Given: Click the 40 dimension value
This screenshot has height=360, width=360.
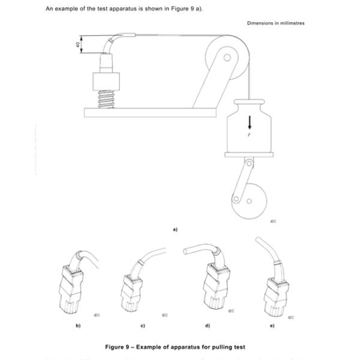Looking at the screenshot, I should click(78, 44).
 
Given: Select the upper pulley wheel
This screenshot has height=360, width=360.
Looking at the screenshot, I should click(227, 57).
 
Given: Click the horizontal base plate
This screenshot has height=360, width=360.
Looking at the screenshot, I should click(149, 110).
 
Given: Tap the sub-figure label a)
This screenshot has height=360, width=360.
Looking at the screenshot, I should click(175, 229).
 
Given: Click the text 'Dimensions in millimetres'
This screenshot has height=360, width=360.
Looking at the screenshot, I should click(275, 23).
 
